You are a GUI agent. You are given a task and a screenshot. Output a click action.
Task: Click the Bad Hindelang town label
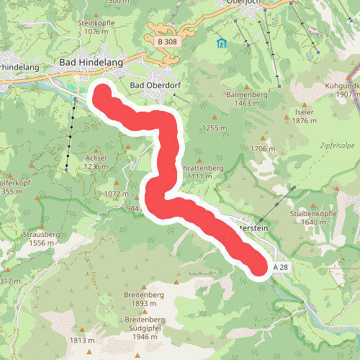pyautogui.click(x=91, y=63)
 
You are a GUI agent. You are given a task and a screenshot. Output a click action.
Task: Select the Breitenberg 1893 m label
pyautogui.click(x=145, y=300)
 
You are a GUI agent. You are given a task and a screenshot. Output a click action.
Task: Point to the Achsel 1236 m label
pyautogui.click(x=96, y=162)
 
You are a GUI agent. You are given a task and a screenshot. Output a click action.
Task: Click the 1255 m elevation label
pyautogui.click(x=214, y=127)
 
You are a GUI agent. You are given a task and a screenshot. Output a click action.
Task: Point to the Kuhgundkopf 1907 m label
pyautogui.click(x=342, y=90)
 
